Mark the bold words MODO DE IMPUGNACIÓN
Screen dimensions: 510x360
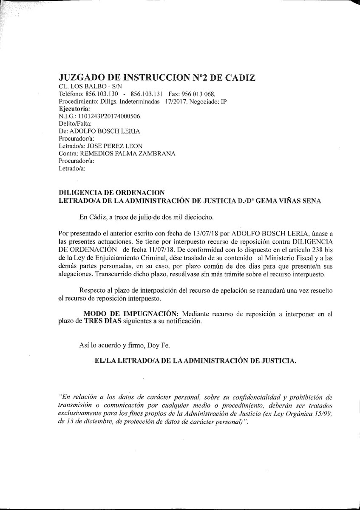[x=131, y=314]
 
